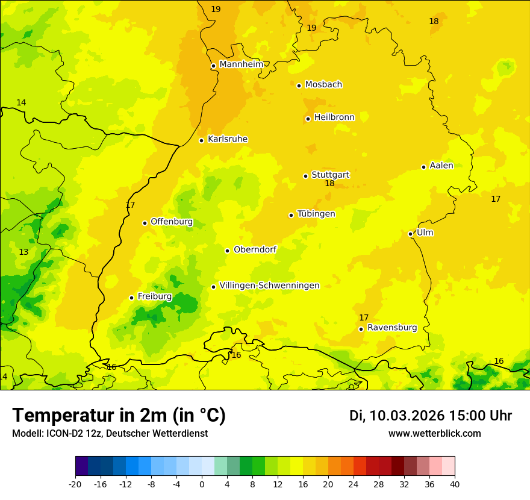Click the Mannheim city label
[241, 64]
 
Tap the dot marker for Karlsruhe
[202, 140]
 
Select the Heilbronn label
[334, 117]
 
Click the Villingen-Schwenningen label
[269, 286]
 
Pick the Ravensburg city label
[392, 328]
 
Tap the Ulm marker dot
[411, 234]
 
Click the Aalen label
[441, 166]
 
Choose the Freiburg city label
[155, 296]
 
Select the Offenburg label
[172, 222]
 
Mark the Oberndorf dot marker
[228, 251]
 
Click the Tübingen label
[316, 214]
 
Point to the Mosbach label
[323, 84]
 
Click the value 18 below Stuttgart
[329, 184]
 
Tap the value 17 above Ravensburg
[364, 317]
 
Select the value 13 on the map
[23, 252]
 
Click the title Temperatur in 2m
[119, 415]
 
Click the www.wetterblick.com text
[434, 434]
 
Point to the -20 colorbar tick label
[75, 484]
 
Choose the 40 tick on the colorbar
[455, 484]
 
